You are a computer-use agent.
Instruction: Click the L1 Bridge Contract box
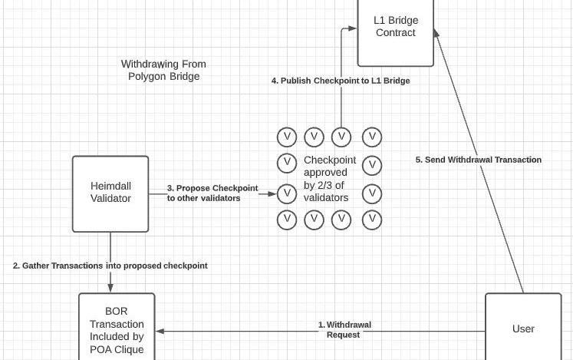pos(396,32)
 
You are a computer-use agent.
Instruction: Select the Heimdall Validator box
pos(110,193)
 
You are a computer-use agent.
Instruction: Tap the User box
pos(523,328)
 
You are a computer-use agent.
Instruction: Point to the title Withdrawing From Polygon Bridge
pos(163,70)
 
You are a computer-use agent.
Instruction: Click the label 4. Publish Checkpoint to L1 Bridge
pos(341,81)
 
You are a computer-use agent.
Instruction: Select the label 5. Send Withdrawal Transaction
pos(479,160)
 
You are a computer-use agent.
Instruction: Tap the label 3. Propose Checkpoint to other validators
pos(212,193)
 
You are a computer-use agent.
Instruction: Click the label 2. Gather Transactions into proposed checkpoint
pos(110,266)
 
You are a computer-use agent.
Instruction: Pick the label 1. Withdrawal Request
pos(344,329)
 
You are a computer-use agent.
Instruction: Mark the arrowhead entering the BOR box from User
pos(160,332)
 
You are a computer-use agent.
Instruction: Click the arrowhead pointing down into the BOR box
pos(110,289)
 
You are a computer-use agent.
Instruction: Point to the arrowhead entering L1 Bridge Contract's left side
pos(352,28)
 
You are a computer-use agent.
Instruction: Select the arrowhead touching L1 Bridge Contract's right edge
pos(436,33)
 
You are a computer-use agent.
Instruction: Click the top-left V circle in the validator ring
pos(286,137)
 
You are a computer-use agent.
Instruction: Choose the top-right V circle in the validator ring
pos(372,137)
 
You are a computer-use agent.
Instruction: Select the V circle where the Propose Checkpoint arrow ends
pos(286,193)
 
